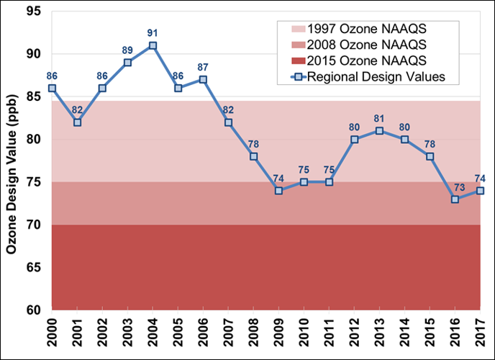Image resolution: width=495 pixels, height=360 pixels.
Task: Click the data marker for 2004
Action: pyautogui.click(x=153, y=45)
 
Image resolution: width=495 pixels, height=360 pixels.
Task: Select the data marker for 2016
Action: pyautogui.click(x=455, y=199)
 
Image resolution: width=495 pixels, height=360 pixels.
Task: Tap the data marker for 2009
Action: pyautogui.click(x=278, y=191)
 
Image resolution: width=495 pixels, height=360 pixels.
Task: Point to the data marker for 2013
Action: pyautogui.click(x=379, y=131)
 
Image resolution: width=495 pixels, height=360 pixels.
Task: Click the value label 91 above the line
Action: pyautogui.click(x=153, y=32)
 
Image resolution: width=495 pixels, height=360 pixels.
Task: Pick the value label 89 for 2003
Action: pyautogui.click(x=127, y=50)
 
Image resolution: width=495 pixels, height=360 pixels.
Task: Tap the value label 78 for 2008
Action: pyautogui.click(x=253, y=144)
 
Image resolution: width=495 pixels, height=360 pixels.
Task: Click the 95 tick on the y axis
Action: pyautogui.click(x=35, y=12)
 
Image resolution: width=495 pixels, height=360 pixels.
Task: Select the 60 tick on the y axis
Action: pyautogui.click(x=35, y=310)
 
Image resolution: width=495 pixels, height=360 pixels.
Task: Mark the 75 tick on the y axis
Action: pyautogui.click(x=35, y=182)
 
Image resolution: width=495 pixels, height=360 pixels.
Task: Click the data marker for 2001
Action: pyautogui.click(x=77, y=122)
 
